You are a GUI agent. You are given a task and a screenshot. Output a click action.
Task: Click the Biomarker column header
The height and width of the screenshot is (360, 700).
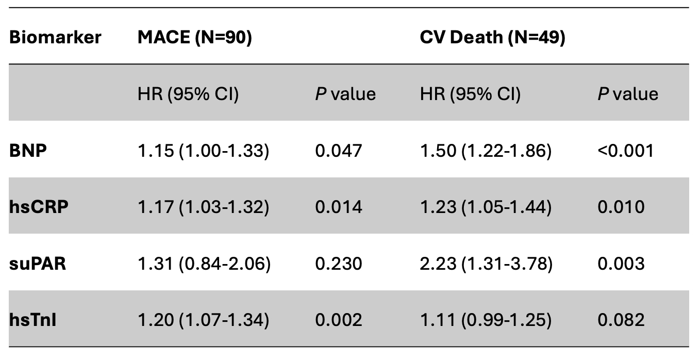point(55,38)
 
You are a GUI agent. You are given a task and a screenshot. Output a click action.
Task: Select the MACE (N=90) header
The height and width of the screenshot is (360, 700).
point(194,38)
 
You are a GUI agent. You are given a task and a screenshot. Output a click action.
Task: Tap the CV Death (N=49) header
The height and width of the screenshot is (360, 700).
point(492,38)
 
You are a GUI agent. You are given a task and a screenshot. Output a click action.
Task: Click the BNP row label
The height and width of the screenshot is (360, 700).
point(29,151)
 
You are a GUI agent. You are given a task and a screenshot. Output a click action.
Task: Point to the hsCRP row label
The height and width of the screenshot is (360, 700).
point(39,207)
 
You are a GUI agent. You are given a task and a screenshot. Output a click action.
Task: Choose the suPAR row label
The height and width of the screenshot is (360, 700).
point(38,264)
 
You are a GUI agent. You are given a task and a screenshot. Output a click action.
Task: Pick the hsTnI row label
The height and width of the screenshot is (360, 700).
point(32,320)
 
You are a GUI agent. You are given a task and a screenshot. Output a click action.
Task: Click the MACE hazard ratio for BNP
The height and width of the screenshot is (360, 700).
point(203,151)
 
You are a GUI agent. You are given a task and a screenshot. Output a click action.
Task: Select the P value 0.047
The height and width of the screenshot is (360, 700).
point(339,151)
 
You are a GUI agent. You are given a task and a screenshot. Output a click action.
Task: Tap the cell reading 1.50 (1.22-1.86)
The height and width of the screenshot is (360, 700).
point(486,151)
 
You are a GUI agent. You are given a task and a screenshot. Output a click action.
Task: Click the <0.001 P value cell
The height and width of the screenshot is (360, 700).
point(625,151)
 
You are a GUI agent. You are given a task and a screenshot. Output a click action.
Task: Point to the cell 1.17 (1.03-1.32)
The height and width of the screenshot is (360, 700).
point(203,207)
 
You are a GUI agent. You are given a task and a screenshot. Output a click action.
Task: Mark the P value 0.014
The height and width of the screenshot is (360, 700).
point(339,207)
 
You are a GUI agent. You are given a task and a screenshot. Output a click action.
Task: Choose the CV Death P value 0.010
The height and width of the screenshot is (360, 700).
point(621,207)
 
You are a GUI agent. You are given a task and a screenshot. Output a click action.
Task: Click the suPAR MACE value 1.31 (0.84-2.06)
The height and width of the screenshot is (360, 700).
point(204,264)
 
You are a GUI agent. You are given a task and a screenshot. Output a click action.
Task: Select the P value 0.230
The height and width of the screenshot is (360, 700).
point(339,264)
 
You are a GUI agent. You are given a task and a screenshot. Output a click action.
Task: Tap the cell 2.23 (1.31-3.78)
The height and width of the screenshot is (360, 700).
point(486,264)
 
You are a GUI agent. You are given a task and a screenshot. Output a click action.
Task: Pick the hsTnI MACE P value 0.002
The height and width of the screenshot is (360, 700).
point(339,320)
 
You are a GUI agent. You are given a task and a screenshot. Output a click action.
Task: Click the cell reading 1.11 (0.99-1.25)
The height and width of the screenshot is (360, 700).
point(486,320)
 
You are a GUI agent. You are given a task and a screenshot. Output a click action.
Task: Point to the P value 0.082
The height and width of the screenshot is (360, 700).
point(621,320)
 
